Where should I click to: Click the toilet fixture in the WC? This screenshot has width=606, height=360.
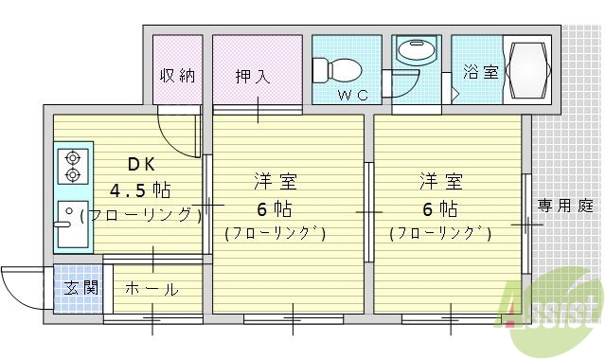click(x=337, y=67)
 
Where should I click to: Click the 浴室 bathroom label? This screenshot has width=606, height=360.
click(x=480, y=71)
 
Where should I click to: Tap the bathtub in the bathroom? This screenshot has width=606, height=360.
click(x=525, y=70)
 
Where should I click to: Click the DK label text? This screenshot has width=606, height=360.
click(x=141, y=162)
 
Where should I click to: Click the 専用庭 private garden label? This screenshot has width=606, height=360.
click(x=565, y=205)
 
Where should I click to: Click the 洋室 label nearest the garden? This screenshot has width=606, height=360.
click(x=441, y=180)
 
